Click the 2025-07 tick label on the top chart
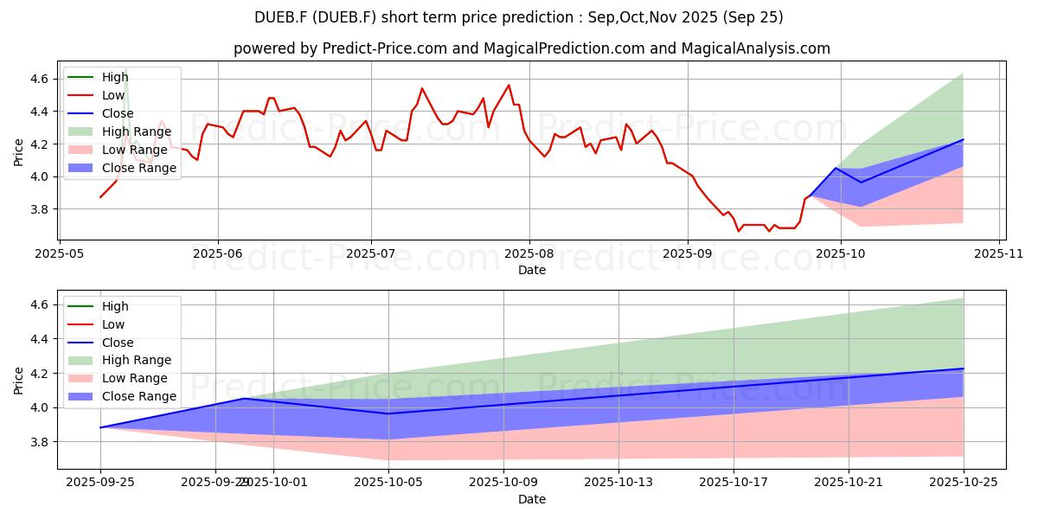(371, 254)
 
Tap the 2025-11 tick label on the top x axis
(999, 254)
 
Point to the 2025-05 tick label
(59, 254)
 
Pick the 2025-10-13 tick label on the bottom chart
(618, 482)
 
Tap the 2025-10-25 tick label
(963, 482)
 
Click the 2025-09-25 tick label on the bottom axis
(100, 482)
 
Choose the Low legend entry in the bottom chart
(113, 324)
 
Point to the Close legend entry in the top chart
(117, 113)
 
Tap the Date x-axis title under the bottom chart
(531, 499)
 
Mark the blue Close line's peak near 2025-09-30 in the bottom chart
(245, 398)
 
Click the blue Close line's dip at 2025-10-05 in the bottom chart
(388, 413)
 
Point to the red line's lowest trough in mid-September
(739, 231)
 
